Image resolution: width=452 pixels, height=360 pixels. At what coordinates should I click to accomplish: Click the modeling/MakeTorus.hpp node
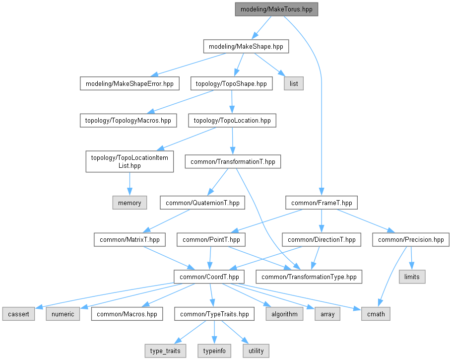point(276,9)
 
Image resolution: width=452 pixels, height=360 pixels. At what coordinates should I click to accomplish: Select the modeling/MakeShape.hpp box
point(246,47)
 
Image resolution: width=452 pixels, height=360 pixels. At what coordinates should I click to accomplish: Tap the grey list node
point(293,83)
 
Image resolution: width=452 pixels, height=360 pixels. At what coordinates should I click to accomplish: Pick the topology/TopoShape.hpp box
point(231,83)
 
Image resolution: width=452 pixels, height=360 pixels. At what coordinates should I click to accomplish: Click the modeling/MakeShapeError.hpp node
point(129,83)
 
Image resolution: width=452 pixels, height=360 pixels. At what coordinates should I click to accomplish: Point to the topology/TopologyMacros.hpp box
point(129,121)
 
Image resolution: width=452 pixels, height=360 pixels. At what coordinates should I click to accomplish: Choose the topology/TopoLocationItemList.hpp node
point(129,161)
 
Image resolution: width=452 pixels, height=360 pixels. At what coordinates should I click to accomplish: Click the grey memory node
point(129,203)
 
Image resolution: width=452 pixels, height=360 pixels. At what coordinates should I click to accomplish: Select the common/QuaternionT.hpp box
point(202,203)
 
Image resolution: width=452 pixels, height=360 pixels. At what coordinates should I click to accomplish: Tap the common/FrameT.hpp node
point(322,203)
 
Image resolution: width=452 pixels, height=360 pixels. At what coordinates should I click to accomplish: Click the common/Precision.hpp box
point(411,240)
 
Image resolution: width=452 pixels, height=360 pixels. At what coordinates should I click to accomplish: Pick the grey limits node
point(412,277)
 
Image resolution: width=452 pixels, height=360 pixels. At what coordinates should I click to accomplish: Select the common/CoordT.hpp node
point(209,277)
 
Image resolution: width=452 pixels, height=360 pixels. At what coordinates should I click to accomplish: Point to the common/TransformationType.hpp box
point(309,277)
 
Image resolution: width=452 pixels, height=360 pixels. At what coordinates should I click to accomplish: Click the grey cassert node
point(18,314)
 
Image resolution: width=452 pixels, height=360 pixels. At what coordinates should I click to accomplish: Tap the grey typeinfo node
point(214,351)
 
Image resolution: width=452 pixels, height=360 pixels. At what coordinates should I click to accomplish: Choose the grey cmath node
point(376,314)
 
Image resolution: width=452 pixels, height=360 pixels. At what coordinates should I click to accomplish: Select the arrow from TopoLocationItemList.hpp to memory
point(129,184)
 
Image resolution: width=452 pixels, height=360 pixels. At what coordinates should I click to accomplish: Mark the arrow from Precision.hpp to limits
point(411,258)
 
